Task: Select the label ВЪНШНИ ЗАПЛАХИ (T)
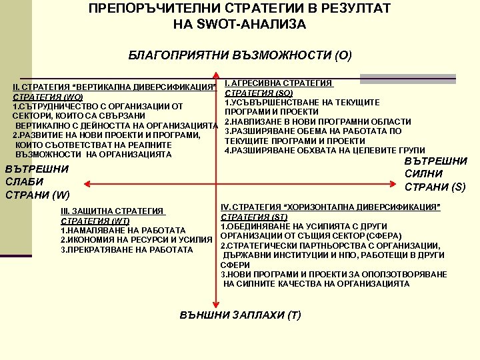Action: [x=241, y=315]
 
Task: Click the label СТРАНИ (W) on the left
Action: [x=37, y=195]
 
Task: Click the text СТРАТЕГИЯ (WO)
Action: [x=46, y=97]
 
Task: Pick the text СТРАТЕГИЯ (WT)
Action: [x=95, y=221]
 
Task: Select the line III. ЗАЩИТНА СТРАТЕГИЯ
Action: [x=112, y=211]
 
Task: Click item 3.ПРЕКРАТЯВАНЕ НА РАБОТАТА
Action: [x=117, y=249]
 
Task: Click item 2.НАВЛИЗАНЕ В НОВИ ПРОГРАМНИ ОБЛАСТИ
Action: [x=317, y=121]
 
